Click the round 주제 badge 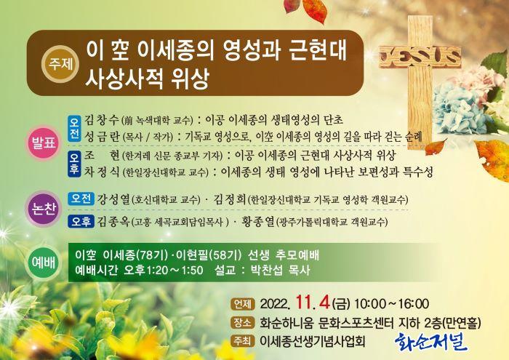60,64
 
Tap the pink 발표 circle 43,143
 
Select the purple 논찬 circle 43,209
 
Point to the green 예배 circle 43,263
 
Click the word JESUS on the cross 420,57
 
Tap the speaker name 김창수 102,120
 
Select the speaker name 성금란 102,137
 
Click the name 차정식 102,172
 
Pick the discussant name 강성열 113,199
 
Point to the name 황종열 258,222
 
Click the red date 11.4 313,303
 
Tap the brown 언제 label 242,304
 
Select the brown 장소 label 242,323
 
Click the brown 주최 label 242,341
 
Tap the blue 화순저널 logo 431,342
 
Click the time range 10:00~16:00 391,304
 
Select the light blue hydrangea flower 457,110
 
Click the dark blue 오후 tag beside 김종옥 81,222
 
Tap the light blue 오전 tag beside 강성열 81,199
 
